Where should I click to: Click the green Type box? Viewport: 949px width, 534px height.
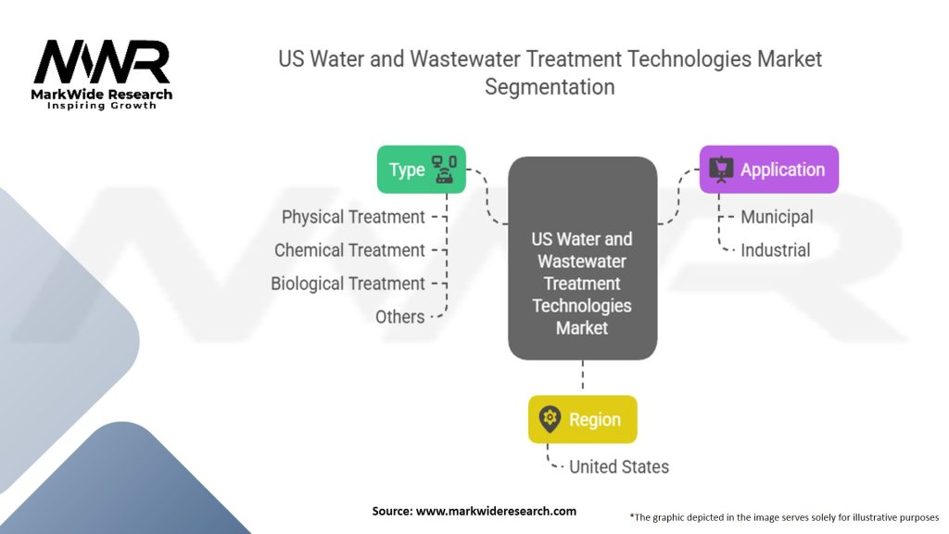422,170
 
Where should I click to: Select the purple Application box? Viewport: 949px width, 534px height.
769,170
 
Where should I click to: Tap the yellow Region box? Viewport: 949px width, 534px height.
583,420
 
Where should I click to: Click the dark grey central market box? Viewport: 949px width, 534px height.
583,259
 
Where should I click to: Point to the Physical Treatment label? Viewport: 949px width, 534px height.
353,217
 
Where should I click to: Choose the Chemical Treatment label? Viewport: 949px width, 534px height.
349,250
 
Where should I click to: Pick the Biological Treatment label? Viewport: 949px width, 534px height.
348,284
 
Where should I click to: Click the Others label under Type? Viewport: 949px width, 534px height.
399,317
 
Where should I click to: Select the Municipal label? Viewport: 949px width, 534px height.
777,217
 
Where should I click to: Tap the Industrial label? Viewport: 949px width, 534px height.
776,250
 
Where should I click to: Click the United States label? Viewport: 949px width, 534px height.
619,467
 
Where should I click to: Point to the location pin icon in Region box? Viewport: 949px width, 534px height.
550,419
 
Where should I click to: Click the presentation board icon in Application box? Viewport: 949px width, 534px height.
721,170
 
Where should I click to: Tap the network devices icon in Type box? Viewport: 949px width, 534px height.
444,170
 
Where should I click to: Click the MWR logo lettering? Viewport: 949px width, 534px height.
102,62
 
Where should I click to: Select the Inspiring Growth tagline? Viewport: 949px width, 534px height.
102,106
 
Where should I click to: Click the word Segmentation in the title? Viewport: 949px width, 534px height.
550,86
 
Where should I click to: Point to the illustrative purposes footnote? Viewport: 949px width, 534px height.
784,517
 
